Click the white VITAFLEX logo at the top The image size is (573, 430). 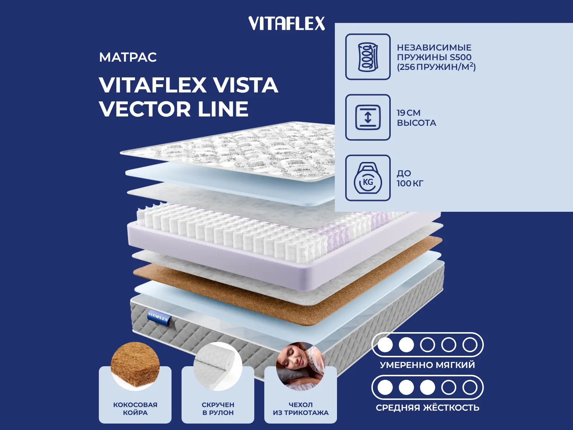pyautogui.click(x=286, y=23)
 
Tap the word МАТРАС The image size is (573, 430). pyautogui.click(x=128, y=57)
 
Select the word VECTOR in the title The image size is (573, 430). pyautogui.click(x=145, y=109)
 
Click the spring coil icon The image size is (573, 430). pyautogui.click(x=368, y=57)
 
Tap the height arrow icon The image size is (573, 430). pyautogui.click(x=368, y=117)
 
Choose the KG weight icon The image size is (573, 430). pyautogui.click(x=368, y=178)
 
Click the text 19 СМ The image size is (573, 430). pyautogui.click(x=409, y=113)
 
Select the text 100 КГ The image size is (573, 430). pyautogui.click(x=410, y=183)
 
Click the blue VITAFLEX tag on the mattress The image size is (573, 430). pyautogui.click(x=158, y=318)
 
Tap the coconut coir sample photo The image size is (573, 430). pyautogui.click(x=135, y=365)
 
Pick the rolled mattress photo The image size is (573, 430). pyautogui.click(x=218, y=366)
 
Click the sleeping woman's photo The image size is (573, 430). pyautogui.click(x=300, y=366)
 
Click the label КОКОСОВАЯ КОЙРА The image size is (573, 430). pyautogui.click(x=135, y=408)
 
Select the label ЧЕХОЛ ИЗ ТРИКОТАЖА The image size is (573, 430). pyautogui.click(x=301, y=408)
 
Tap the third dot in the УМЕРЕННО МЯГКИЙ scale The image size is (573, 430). pyautogui.click(x=427, y=345)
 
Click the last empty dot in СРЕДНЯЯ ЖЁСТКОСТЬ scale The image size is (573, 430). pyautogui.click(x=470, y=387)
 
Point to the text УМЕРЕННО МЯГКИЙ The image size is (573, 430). pyautogui.click(x=427, y=365)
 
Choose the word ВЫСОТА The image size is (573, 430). pyautogui.click(x=416, y=123)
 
